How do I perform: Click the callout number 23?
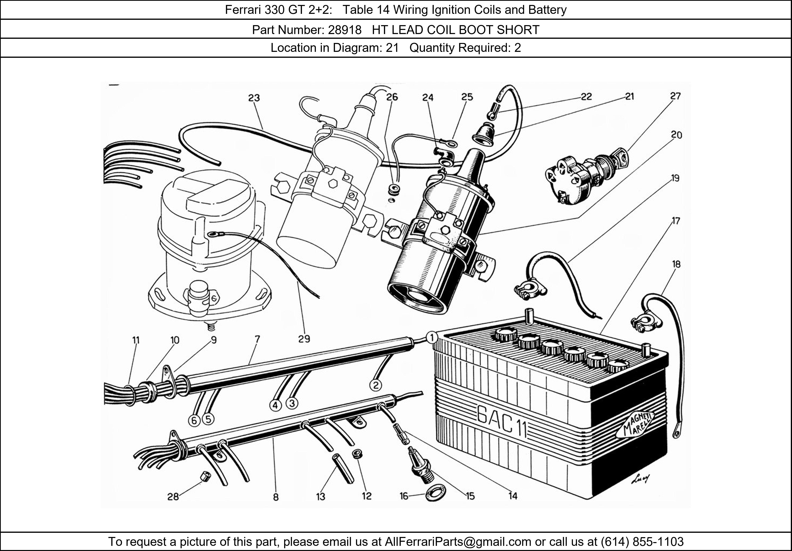[x=254, y=98]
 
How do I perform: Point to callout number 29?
[x=304, y=339]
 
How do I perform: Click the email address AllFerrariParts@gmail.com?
[x=458, y=542]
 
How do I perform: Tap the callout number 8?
[x=276, y=497]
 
